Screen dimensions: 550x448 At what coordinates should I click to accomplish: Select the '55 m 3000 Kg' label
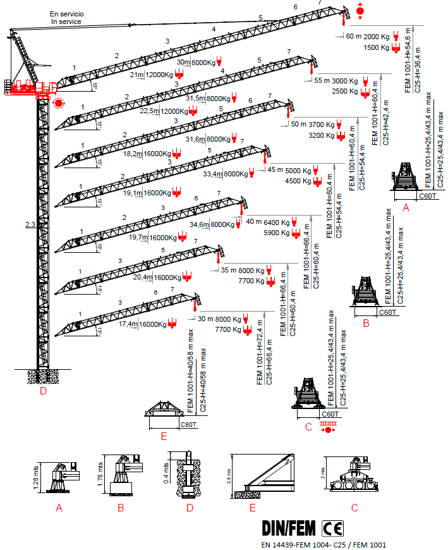pyautogui.click(x=336, y=81)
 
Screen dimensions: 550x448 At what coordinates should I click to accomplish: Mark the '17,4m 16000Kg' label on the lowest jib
pyautogui.click(x=138, y=324)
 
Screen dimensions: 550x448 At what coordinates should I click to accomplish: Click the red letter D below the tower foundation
pyautogui.click(x=42, y=391)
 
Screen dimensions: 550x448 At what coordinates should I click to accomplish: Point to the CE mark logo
pyautogui.click(x=333, y=528)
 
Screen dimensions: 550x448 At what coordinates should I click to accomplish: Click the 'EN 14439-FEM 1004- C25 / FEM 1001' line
pyautogui.click(x=324, y=544)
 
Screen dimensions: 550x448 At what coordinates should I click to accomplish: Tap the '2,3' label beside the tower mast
pyautogui.click(x=29, y=224)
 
